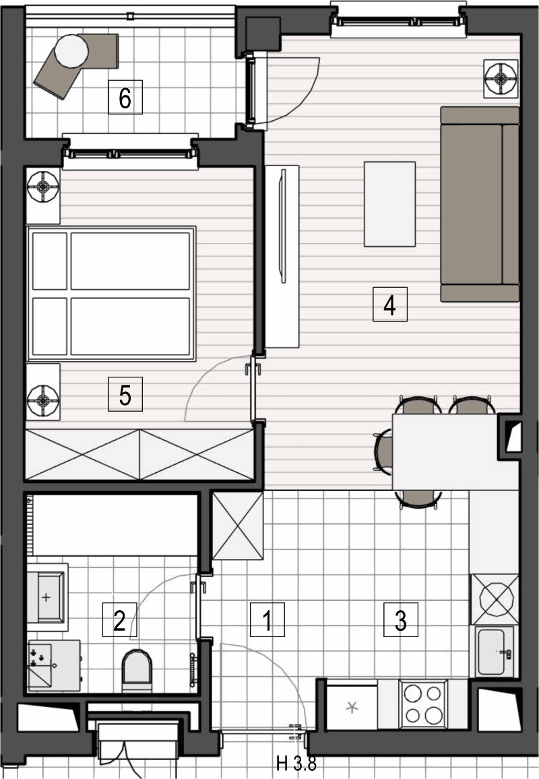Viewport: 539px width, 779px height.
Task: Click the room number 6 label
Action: coord(125,98)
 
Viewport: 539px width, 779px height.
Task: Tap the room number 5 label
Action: coord(125,394)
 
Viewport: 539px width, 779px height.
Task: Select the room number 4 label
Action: coord(389,304)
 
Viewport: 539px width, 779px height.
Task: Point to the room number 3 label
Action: coord(401,620)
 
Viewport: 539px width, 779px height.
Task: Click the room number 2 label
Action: coord(119,620)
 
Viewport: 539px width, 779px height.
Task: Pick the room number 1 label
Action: coord(267,620)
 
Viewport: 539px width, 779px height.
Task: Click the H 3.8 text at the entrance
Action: coord(296,763)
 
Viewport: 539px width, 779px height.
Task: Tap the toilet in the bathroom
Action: coord(137,670)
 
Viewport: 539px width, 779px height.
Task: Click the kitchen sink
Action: coord(495,651)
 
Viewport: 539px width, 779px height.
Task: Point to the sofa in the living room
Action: coord(480,205)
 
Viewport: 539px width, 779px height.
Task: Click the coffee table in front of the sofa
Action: coord(389,204)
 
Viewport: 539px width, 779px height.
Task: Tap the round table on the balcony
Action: coord(71,50)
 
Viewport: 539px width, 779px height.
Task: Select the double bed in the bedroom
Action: coord(111,293)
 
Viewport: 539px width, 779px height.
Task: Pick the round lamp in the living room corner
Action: coord(502,78)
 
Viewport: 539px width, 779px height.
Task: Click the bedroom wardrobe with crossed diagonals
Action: coord(139,455)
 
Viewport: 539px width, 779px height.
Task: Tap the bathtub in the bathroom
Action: coord(113,525)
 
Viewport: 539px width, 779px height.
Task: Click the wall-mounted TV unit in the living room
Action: coord(282,256)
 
